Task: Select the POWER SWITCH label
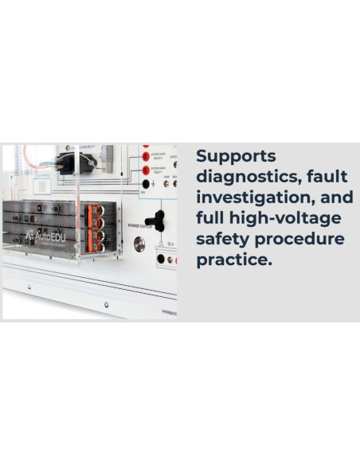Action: pos(140,225)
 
